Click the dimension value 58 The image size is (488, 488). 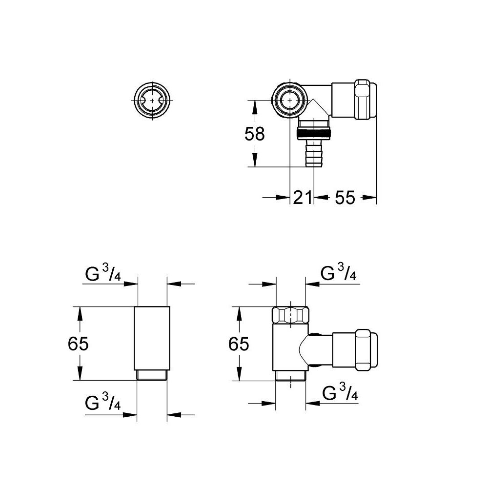(x=254, y=133)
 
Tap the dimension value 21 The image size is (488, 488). (x=302, y=198)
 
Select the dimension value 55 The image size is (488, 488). (x=345, y=198)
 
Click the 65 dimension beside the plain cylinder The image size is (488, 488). (x=78, y=344)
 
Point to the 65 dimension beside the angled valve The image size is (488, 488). (x=239, y=344)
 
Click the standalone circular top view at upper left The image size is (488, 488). (x=152, y=100)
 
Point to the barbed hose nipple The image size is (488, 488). (x=310, y=153)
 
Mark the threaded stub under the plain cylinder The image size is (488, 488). (x=152, y=375)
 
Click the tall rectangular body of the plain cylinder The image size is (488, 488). (x=152, y=337)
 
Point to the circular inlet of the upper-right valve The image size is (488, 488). (x=290, y=100)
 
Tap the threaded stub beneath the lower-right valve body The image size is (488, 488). (x=290, y=375)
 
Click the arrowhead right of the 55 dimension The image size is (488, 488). (x=371, y=198)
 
